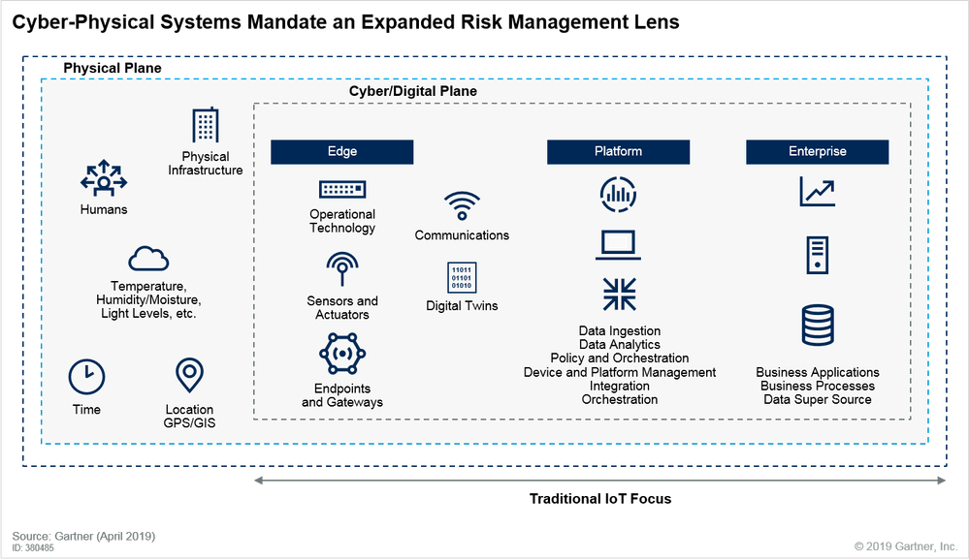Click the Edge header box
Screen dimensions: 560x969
tap(341, 151)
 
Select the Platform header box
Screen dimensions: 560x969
tap(618, 151)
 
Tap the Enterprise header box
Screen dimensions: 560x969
tap(817, 151)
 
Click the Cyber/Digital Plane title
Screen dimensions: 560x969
tap(413, 91)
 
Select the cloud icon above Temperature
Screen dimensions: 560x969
tap(148, 259)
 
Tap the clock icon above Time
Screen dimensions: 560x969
tap(86, 376)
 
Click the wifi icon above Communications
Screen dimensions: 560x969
tap(462, 206)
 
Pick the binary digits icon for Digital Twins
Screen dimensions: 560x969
tap(462, 277)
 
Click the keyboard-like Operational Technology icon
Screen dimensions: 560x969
tap(341, 189)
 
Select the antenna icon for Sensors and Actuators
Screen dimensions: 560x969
tap(341, 268)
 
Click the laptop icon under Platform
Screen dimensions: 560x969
tap(618, 246)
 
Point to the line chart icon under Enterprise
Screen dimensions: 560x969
tap(817, 191)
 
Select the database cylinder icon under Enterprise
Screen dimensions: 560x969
tap(817, 327)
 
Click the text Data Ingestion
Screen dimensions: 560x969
tap(619, 331)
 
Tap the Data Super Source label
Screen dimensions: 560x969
tap(817, 399)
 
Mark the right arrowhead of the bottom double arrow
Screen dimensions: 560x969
tap(943, 481)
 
